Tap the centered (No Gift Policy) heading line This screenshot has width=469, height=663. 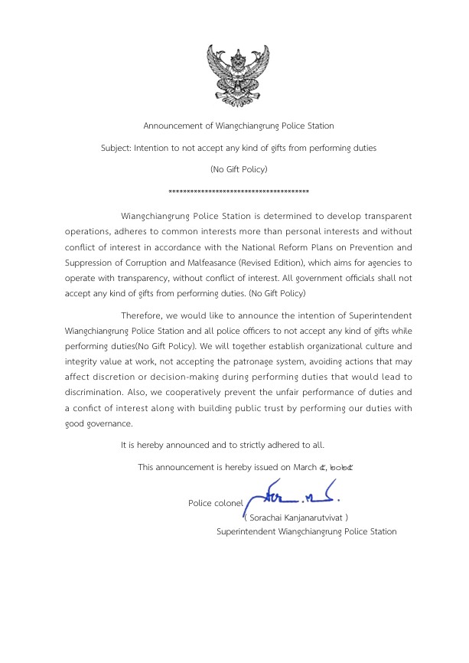(239, 168)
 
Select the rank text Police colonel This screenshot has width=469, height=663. (215, 503)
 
